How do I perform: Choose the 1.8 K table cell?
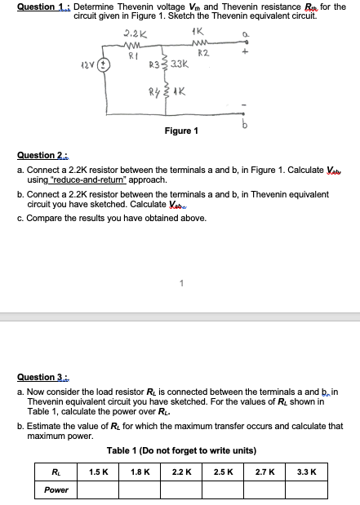coord(140,472)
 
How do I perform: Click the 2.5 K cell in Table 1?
coord(222,472)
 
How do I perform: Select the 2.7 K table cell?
coord(263,472)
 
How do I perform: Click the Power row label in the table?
coord(56,489)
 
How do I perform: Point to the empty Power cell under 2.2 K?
coord(181,489)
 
